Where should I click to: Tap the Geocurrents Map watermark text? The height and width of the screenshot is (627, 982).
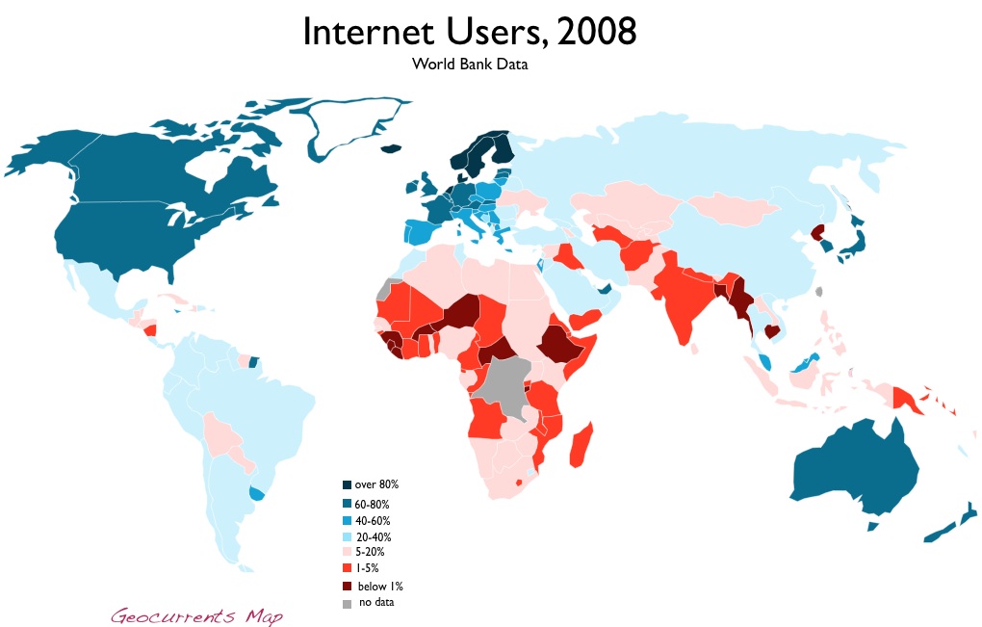(x=196, y=614)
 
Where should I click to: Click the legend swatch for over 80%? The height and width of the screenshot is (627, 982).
(x=347, y=484)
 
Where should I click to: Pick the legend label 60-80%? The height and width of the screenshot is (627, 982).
(x=374, y=504)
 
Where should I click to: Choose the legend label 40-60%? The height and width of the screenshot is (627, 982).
(x=374, y=520)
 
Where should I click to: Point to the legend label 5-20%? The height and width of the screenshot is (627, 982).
(x=372, y=552)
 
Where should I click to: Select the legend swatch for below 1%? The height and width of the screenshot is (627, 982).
(x=347, y=586)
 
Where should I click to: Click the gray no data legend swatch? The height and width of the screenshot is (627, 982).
(x=347, y=603)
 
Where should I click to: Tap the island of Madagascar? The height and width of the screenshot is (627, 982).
(x=581, y=447)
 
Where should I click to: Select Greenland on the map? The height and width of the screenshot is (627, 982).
(x=356, y=130)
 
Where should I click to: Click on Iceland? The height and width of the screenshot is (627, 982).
(x=391, y=148)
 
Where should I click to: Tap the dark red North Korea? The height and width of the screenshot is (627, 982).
(x=818, y=232)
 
